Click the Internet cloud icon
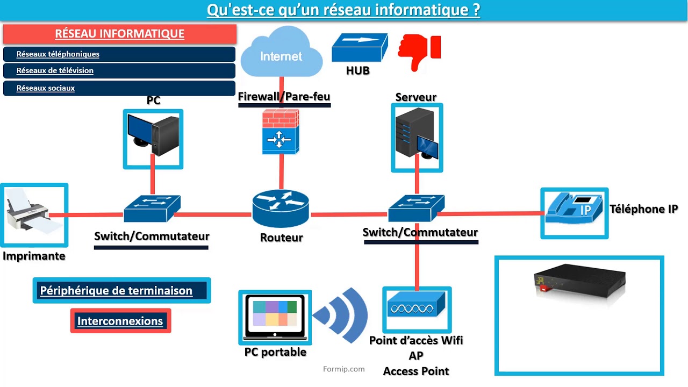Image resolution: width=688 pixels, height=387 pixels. (x=281, y=53)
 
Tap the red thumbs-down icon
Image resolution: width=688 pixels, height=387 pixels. (x=419, y=52)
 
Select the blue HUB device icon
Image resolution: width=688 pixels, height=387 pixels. (x=359, y=47)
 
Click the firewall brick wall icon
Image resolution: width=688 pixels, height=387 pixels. (x=281, y=131)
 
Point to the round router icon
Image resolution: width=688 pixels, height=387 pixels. (x=281, y=207)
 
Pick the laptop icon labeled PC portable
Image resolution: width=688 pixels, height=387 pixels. (x=275, y=318)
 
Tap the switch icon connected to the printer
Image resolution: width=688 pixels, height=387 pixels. (x=152, y=208)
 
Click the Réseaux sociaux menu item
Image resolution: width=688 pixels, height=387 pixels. (x=119, y=88)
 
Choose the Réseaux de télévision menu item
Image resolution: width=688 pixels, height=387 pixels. (x=119, y=70)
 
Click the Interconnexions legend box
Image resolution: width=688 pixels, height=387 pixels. (x=120, y=321)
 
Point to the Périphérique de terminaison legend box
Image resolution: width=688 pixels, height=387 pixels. (x=121, y=291)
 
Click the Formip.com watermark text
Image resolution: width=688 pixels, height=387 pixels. (x=344, y=369)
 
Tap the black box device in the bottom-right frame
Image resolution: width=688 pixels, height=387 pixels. (x=579, y=283)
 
